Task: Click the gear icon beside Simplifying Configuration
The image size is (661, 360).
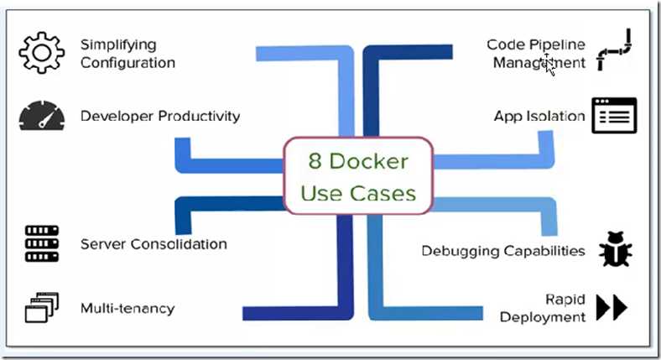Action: coord(41,53)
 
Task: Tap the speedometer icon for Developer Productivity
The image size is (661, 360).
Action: coord(41,116)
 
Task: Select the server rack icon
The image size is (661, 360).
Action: coord(41,244)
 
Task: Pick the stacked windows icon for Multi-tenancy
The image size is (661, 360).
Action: coord(41,308)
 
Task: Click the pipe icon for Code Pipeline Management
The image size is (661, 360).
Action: coord(617,53)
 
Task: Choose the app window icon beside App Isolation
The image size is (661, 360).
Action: coord(614,116)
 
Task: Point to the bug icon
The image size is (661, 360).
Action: coord(615,250)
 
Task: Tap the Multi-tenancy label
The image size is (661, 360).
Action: coord(128,308)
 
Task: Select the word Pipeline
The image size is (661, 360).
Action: coord(555,44)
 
